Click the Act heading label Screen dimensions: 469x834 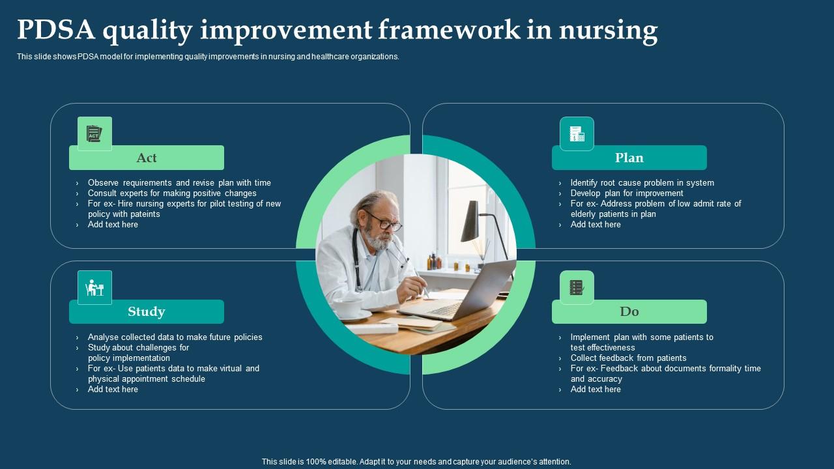[147, 158]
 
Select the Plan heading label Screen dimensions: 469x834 [629, 158]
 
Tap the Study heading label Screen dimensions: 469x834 [147, 311]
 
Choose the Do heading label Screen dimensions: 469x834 [629, 311]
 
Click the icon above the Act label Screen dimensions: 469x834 [94, 134]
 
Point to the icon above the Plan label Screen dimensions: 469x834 [577, 134]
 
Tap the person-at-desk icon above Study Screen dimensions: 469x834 [94, 287]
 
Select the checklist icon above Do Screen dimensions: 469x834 [577, 287]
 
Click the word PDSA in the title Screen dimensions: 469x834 [55, 30]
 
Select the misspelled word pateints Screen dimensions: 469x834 [145, 214]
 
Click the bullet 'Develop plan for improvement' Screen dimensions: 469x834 [627, 193]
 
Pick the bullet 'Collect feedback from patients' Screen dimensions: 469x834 [628, 358]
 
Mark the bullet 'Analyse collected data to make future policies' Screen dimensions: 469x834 [175, 337]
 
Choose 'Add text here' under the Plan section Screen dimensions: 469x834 [596, 225]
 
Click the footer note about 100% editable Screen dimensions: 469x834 [416, 461]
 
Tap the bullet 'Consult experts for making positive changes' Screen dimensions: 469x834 [172, 193]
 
